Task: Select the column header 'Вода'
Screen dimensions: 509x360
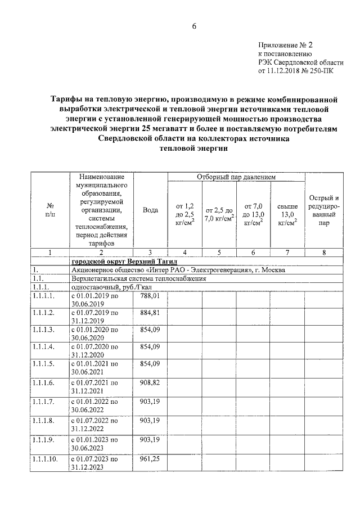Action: tap(150, 210)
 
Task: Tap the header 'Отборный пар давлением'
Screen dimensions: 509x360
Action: tap(236, 177)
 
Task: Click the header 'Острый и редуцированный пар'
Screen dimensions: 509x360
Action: tap(324, 210)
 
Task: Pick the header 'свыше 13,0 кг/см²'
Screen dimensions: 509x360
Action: tap(287, 214)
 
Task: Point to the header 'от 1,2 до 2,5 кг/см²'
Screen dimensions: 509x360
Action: tap(184, 214)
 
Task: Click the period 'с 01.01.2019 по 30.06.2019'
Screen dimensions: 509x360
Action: tap(94, 299)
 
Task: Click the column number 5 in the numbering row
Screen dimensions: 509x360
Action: tap(220, 253)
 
